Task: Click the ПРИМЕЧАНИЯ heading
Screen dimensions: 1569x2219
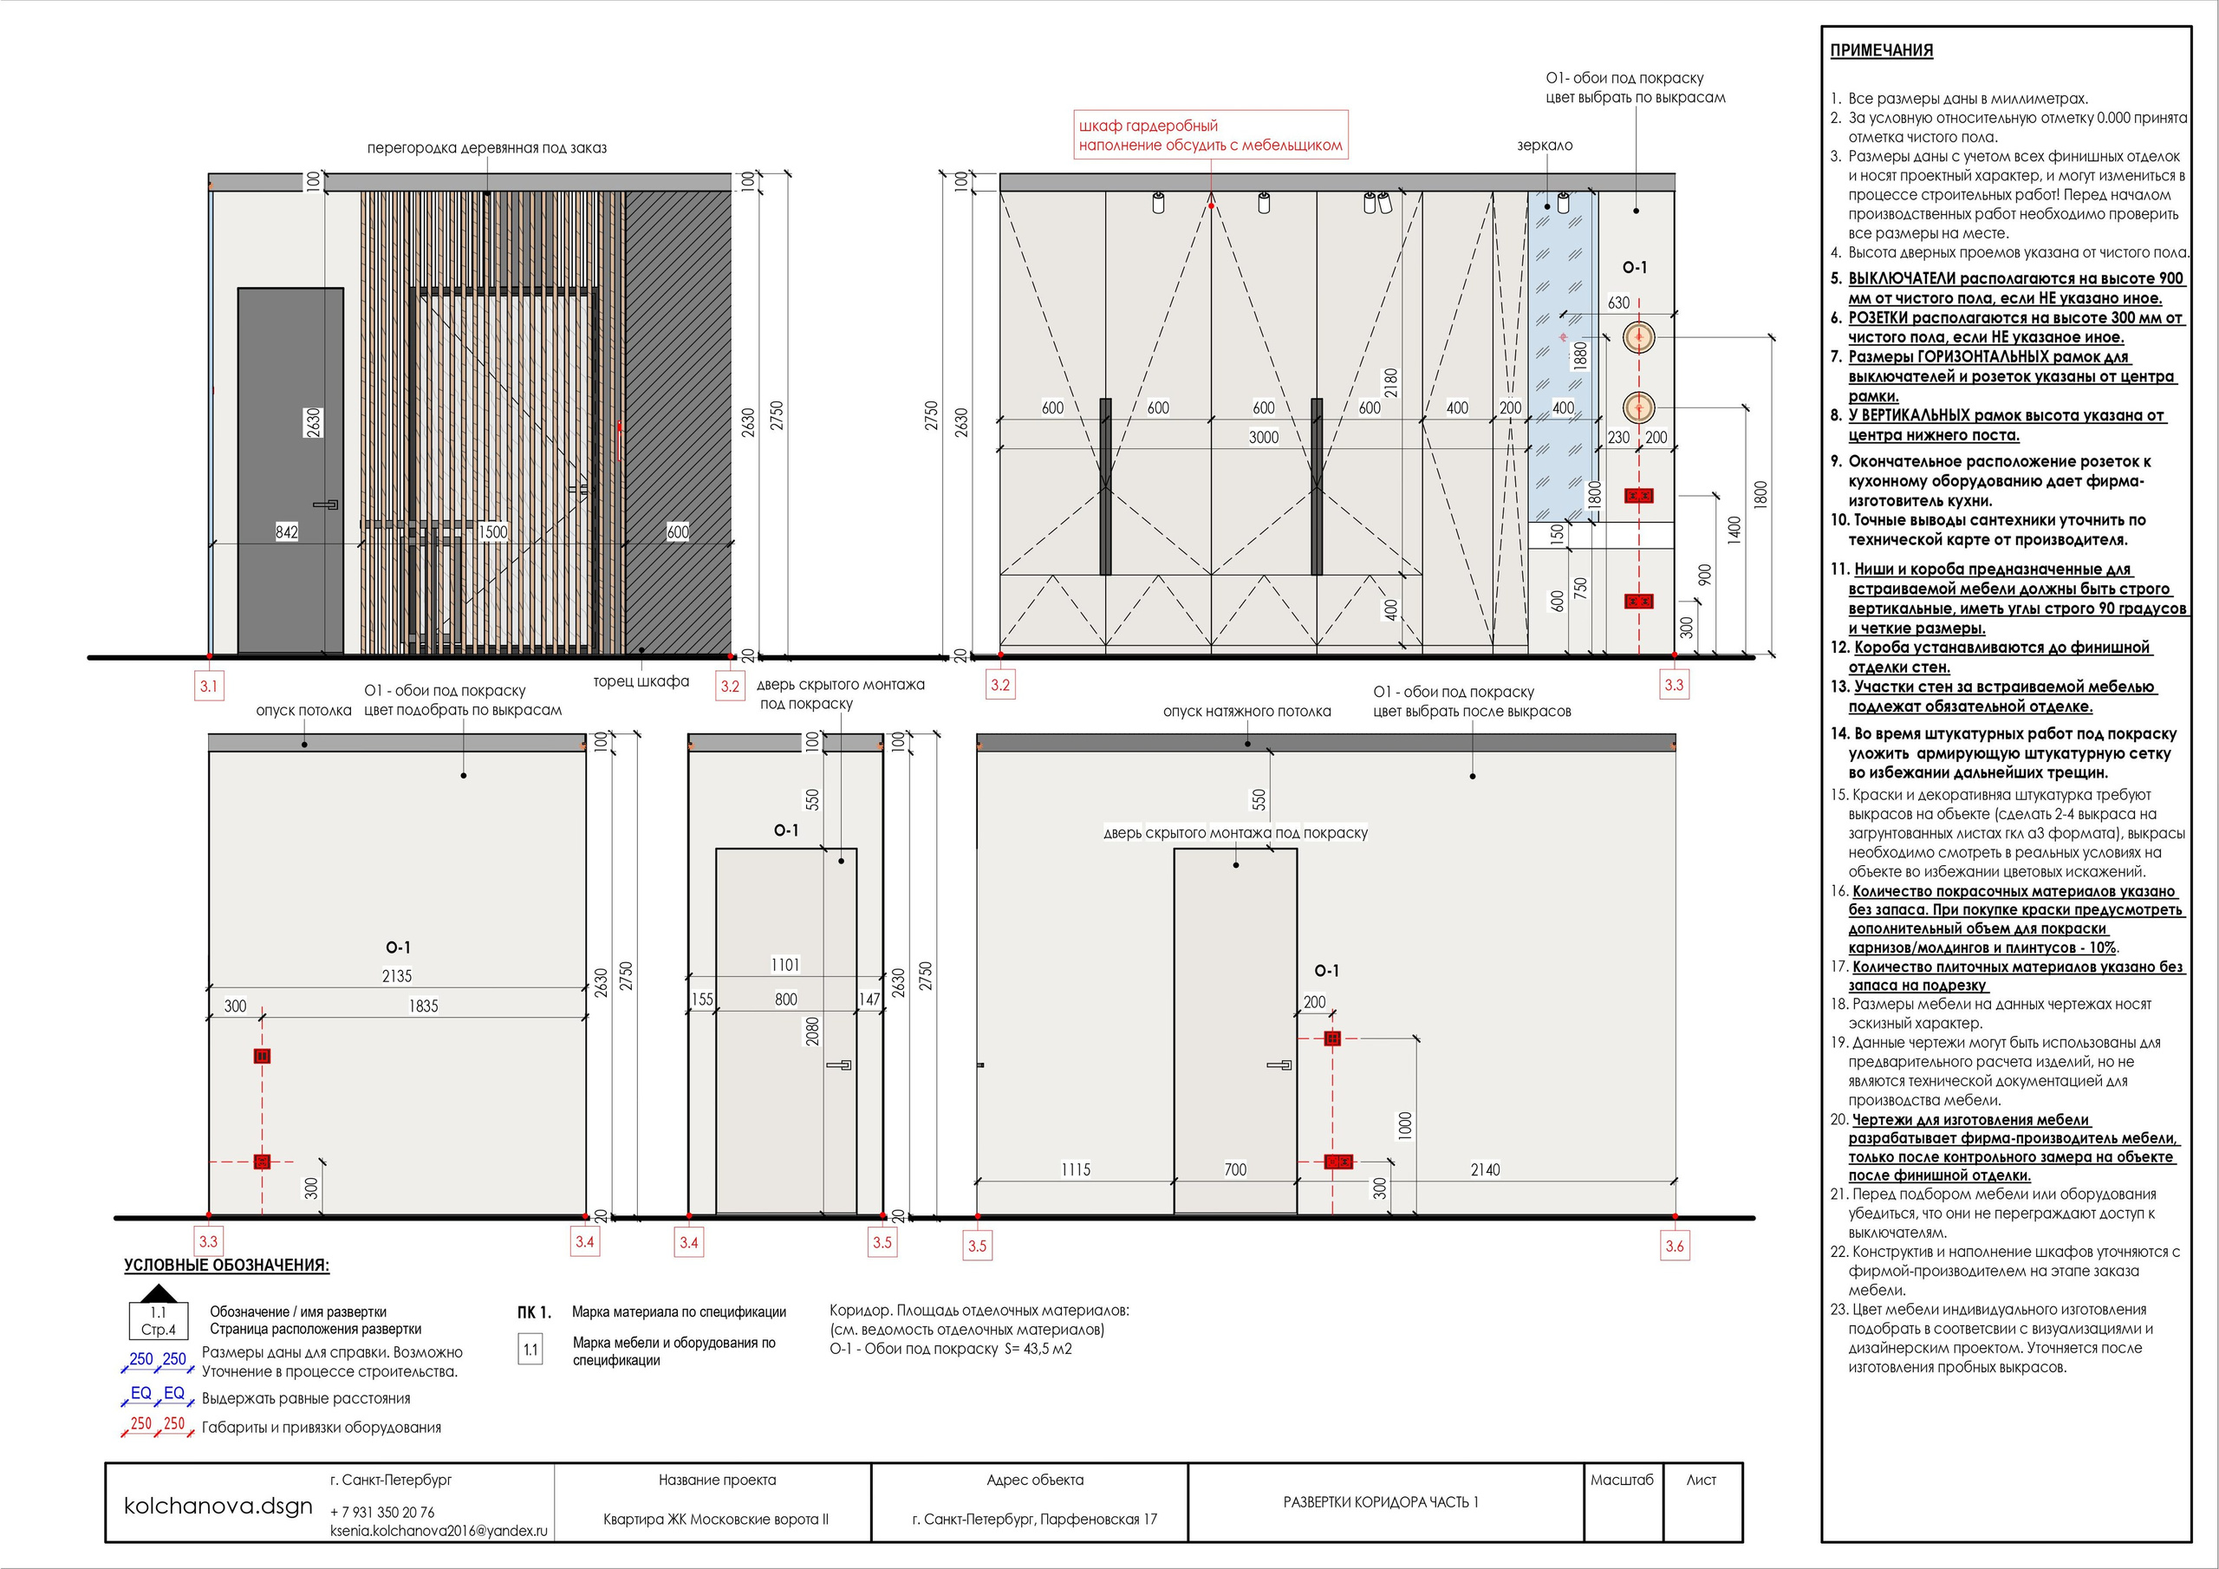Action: [x=1881, y=51]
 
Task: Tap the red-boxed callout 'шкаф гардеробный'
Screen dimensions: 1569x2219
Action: [x=1210, y=135]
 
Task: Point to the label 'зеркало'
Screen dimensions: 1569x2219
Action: [x=1545, y=146]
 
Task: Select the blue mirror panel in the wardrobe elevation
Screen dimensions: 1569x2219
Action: [x=1562, y=358]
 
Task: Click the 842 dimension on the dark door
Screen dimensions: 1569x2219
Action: [x=286, y=531]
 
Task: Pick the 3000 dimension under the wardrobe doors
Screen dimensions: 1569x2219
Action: [x=1263, y=438]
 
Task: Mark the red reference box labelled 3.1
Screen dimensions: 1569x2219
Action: [x=209, y=687]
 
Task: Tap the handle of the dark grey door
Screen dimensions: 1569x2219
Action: [x=326, y=504]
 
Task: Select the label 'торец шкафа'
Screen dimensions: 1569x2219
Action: [x=641, y=681]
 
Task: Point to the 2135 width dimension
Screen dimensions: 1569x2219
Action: [x=396, y=976]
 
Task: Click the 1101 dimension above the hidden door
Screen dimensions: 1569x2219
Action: [x=784, y=965]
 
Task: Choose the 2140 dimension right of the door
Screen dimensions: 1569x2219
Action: [x=1485, y=1169]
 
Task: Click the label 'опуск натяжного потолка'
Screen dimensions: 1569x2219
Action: [x=1246, y=712]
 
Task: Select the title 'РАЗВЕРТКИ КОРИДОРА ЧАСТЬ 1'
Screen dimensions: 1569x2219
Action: [x=1380, y=1502]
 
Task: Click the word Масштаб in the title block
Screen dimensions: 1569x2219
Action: [x=1621, y=1480]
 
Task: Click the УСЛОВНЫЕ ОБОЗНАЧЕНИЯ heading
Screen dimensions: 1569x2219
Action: [x=226, y=1266]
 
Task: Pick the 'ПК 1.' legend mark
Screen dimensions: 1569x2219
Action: [x=533, y=1312]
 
